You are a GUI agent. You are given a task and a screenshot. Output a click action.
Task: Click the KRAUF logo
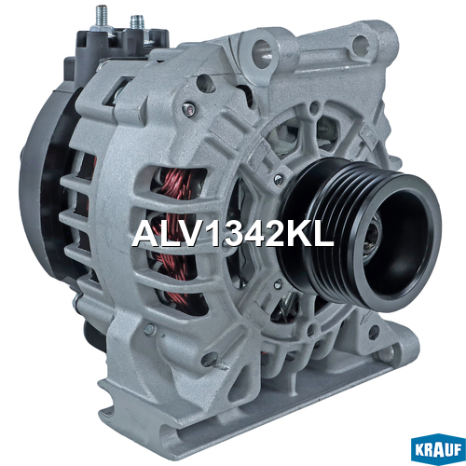coord(438,451)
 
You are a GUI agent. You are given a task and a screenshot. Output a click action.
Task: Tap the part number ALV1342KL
coord(232,234)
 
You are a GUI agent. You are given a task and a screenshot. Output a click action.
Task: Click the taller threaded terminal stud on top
coord(102,16)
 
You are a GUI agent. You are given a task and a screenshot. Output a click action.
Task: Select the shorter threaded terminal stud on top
coord(136,22)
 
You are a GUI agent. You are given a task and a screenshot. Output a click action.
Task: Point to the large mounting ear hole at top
coord(262,52)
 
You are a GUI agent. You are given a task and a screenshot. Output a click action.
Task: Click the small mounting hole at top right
coord(361,45)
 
